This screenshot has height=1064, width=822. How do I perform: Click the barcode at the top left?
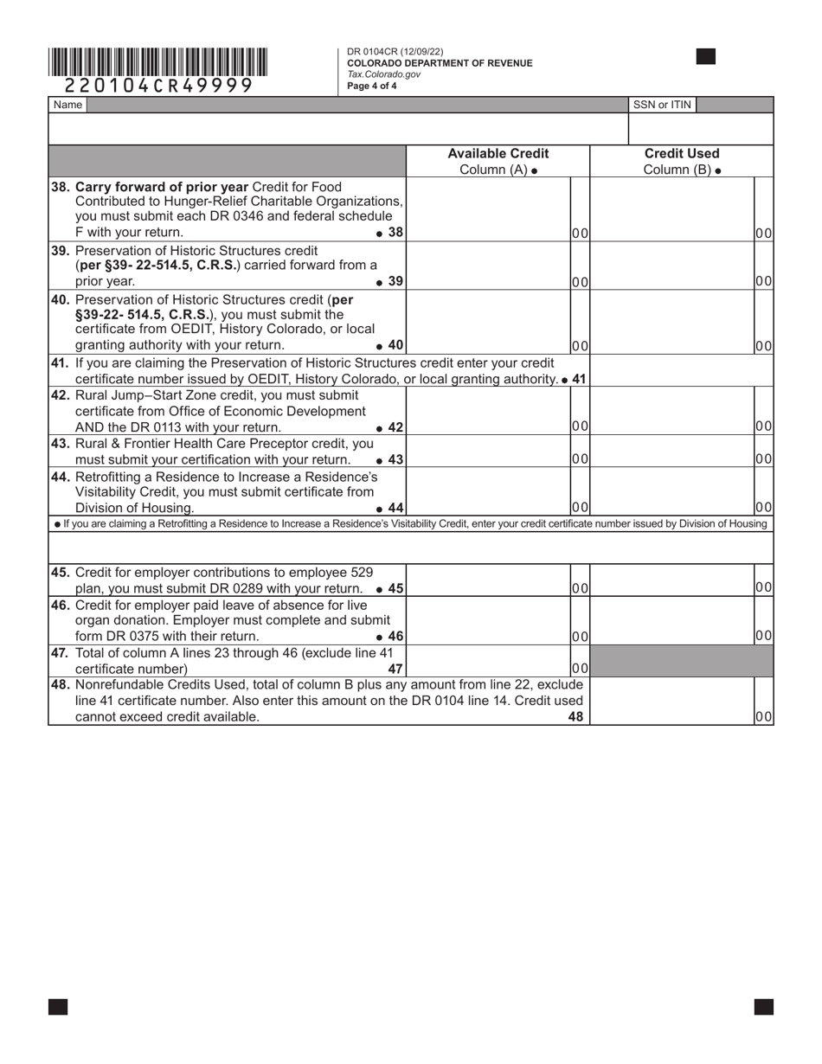click(158, 62)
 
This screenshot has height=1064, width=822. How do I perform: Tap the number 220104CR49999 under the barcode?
click(159, 85)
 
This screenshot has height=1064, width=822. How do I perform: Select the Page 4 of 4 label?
click(372, 86)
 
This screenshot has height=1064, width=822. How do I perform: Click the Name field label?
click(67, 105)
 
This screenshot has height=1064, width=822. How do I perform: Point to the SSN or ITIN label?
click(662, 105)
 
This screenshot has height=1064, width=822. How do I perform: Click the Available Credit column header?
click(498, 161)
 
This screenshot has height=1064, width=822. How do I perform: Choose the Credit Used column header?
click(681, 161)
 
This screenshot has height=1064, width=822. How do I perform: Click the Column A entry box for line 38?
click(488, 209)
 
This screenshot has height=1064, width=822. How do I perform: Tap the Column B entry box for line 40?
click(671, 322)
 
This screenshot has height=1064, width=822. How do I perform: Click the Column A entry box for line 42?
click(488, 411)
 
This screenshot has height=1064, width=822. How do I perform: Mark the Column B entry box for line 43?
click(671, 452)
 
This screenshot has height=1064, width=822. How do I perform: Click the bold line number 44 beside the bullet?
click(395, 508)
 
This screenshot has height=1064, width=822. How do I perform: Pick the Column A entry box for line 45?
click(488, 580)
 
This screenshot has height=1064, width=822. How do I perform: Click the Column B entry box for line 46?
click(671, 621)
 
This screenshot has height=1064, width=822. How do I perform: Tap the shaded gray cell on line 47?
click(681, 662)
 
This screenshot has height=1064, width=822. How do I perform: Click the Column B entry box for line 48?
click(671, 701)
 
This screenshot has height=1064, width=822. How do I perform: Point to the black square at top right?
click(706, 57)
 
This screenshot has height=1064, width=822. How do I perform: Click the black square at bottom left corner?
click(58, 1006)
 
